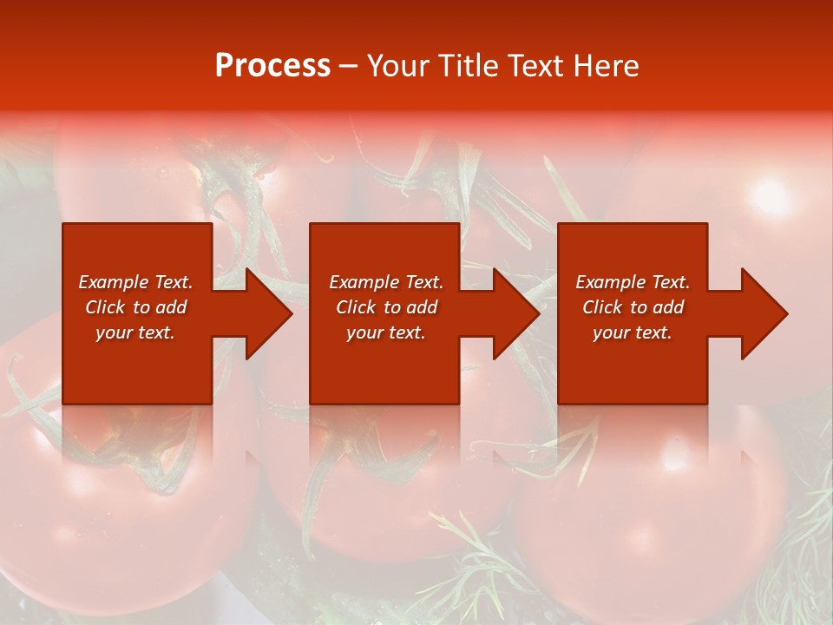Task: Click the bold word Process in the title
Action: click(x=272, y=66)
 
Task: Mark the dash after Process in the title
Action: click(x=348, y=67)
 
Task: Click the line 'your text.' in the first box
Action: click(x=135, y=332)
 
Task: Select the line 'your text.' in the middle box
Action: click(x=385, y=332)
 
